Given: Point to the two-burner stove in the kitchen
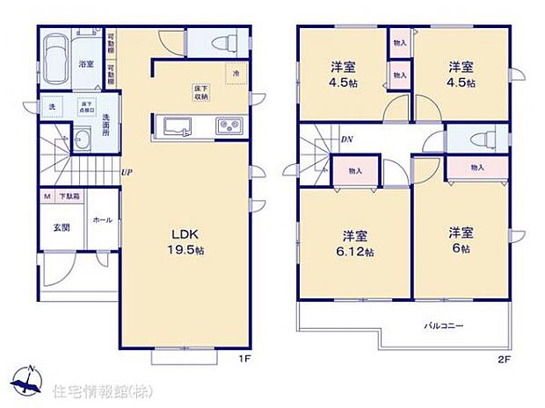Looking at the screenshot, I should (232, 125).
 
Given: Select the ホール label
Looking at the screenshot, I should (101, 220).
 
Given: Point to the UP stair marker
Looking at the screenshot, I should (127, 173).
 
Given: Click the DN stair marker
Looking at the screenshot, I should (347, 139).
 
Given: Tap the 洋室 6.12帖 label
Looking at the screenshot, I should (355, 243).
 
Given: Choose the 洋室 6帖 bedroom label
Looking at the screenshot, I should (461, 240).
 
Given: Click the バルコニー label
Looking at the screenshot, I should (445, 326).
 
